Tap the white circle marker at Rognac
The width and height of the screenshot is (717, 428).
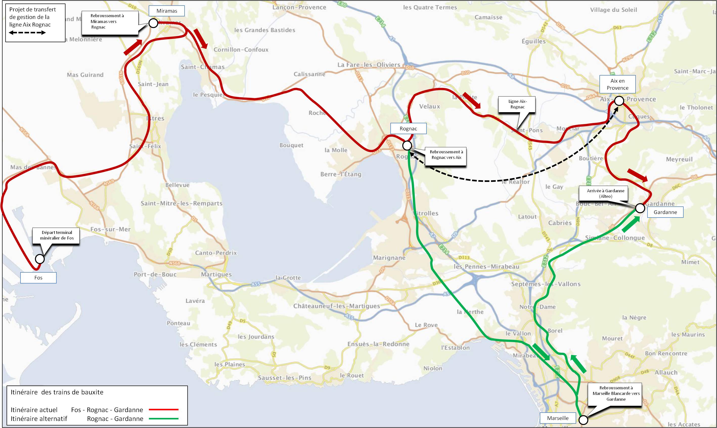[407, 145]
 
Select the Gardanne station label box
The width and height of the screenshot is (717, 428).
[665, 212]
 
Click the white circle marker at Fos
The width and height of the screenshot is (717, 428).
[39, 259]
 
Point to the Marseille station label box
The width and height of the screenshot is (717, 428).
[557, 418]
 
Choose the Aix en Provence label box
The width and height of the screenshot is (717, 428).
[617, 84]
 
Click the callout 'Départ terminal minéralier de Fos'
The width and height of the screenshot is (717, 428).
[57, 235]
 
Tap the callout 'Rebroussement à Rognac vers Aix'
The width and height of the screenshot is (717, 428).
[446, 155]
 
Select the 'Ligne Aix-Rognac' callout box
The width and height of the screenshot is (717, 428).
[517, 104]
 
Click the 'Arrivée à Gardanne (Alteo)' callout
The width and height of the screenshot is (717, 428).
[605, 194]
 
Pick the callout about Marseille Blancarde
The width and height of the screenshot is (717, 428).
[616, 394]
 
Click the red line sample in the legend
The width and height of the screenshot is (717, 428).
[164, 410]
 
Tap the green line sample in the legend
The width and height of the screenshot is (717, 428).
[164, 418]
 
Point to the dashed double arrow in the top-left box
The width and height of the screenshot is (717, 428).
[27, 33]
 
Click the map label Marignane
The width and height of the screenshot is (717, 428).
[389, 257]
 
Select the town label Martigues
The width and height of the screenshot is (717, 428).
[216, 274]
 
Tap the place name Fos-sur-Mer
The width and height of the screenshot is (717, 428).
[110, 229]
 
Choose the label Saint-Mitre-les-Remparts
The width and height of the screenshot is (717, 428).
[182, 203]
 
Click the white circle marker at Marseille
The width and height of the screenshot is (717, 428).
[583, 420]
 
